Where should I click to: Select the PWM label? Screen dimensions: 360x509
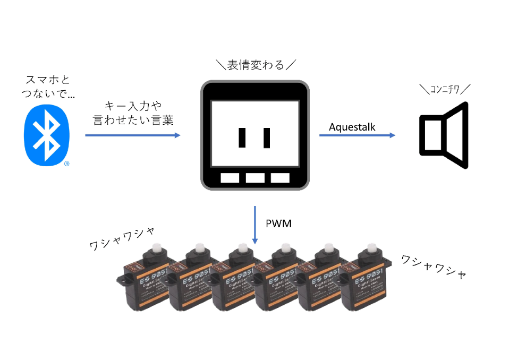tap(278, 223)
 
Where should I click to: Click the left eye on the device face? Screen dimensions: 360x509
tap(242, 138)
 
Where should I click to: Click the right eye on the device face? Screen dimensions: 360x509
tap(267, 138)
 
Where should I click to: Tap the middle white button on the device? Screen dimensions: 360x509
tap(254, 178)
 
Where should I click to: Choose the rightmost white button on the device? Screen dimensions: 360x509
tap(279, 178)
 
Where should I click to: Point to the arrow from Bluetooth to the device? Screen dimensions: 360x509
tap(133, 135)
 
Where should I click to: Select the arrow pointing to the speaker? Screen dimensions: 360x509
tap(357, 135)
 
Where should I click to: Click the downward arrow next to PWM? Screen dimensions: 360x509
tap(255, 225)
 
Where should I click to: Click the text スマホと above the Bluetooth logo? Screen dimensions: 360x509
tap(48, 80)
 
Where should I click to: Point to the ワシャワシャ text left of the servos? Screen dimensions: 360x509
tap(122, 238)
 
